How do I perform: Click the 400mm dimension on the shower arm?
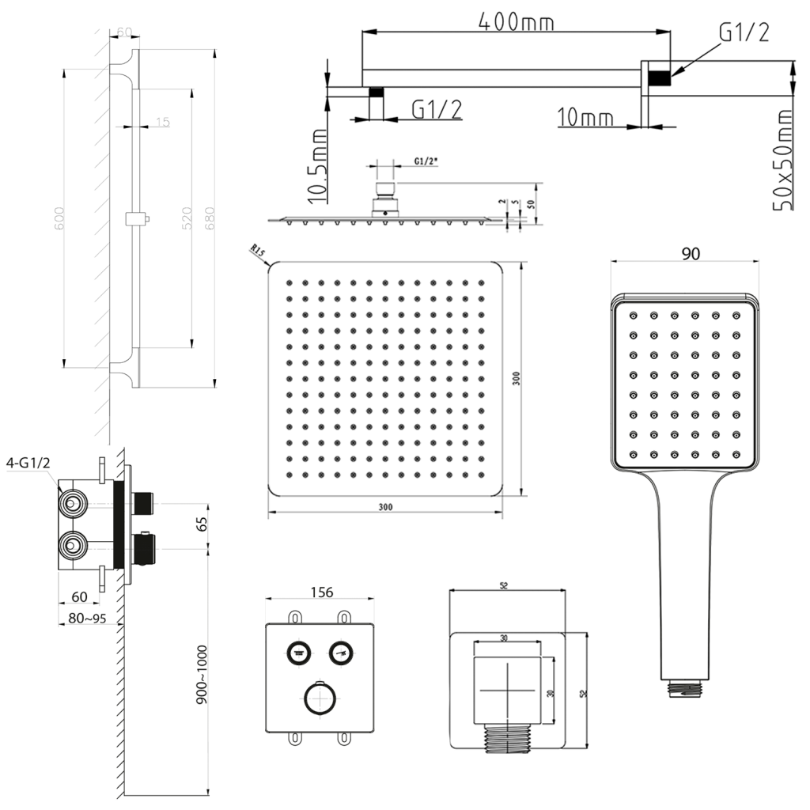coord(516,22)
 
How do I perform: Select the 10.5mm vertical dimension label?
coord(317,166)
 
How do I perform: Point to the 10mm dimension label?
coord(585,118)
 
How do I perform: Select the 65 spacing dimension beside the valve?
coord(202,524)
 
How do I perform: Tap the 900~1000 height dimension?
coord(202,673)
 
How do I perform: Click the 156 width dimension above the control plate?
coord(321,592)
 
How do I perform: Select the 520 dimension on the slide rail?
coord(187,218)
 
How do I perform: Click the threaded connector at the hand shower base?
coord(685,689)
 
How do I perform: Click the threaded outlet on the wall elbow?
coord(506,738)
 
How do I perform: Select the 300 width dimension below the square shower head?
coord(384,506)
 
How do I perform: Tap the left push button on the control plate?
coord(298,653)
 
